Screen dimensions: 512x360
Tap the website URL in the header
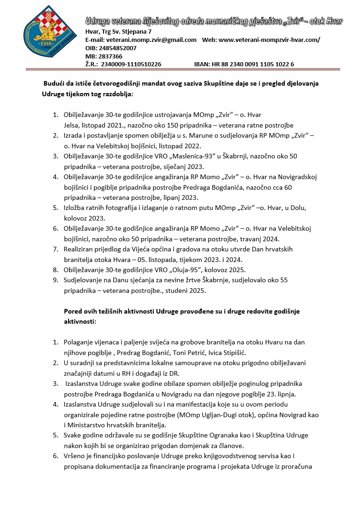[x=269, y=40]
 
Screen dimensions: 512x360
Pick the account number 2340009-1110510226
[x=131, y=64]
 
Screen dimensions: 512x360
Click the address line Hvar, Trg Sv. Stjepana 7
[x=118, y=32]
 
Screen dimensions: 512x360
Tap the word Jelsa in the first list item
[x=72, y=125]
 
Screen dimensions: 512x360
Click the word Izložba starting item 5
[x=75, y=208]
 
